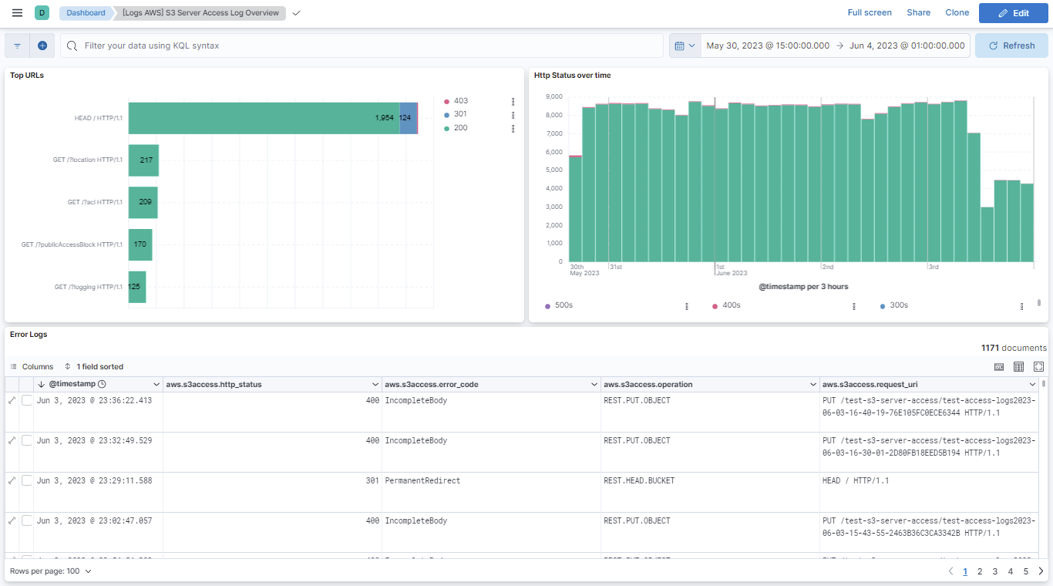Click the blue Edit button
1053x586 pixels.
point(1013,13)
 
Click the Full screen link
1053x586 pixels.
point(869,13)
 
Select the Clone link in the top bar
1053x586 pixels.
point(957,13)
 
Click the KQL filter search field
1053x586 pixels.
point(362,45)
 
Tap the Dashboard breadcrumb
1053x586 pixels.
point(86,13)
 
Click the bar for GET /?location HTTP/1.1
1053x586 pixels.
point(143,160)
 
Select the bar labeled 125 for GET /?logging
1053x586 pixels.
point(137,287)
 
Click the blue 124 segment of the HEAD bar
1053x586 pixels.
point(408,118)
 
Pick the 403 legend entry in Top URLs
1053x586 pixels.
point(460,101)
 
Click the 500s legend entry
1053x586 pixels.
point(564,305)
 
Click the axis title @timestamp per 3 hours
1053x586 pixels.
point(803,287)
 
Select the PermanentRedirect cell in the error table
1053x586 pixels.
point(422,481)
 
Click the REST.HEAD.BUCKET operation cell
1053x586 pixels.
point(639,481)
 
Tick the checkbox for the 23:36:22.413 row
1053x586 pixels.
point(27,400)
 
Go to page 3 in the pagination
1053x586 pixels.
point(995,571)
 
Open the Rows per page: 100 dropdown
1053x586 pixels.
point(51,571)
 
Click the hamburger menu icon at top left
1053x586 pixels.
point(17,13)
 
